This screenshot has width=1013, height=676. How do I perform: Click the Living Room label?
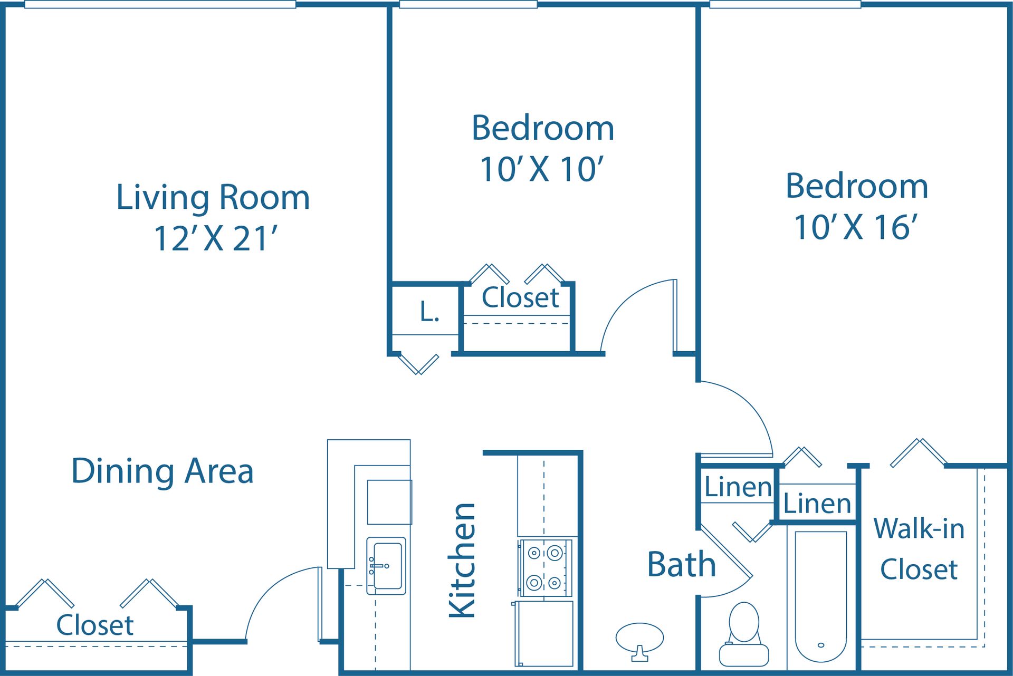point(213,198)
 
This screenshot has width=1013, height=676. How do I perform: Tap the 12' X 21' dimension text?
point(215,238)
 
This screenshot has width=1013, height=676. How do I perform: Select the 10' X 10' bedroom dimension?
point(541,169)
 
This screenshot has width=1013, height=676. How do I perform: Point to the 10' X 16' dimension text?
point(856,227)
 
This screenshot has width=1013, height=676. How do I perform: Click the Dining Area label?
point(163,471)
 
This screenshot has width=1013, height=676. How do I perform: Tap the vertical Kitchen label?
point(462,560)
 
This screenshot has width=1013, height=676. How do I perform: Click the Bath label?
point(681,565)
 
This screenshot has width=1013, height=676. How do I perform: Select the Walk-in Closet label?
point(919,548)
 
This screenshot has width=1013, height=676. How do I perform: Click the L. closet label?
point(429,312)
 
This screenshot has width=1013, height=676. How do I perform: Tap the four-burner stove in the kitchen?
point(544,568)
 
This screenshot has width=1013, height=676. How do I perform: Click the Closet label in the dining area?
point(95,625)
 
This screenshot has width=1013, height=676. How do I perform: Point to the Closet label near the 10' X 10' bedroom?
point(520,298)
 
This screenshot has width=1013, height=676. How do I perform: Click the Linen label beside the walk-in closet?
point(817,504)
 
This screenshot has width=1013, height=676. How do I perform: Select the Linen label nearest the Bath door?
point(738,487)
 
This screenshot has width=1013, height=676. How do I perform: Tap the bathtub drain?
point(820,645)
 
